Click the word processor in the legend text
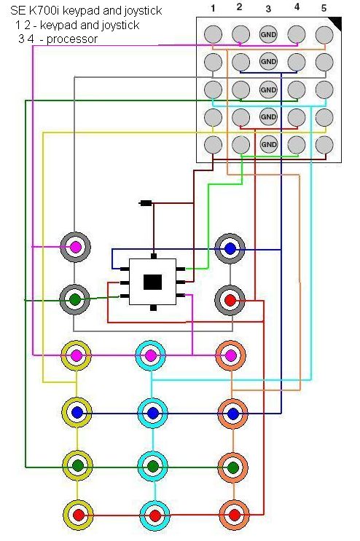coord(72,39)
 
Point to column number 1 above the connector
coord(213,8)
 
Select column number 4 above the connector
coord(297,7)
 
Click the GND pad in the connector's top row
coord(268,34)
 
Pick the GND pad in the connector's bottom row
coord(268,144)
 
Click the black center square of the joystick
coord(152,283)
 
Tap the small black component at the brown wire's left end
coord(145,203)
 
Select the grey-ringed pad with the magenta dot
coord(75,247)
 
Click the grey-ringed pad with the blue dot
coord(230,249)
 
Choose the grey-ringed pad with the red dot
coord(230,300)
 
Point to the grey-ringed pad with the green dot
coord(75,299)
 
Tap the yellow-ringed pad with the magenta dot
coord(77,355)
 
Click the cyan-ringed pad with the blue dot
coord(152,413)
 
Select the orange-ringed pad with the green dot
coord(233,467)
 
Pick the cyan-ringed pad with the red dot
coord(155,516)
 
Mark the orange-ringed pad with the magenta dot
coord(230,355)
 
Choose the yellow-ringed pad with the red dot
coord(79,515)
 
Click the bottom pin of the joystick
coord(153,308)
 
